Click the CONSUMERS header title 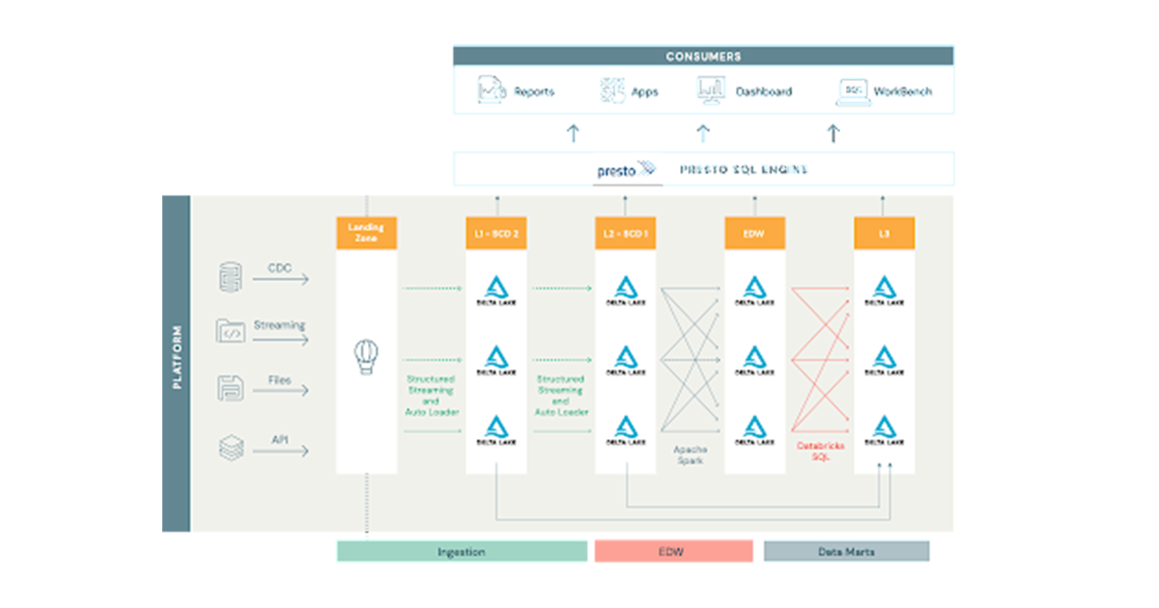point(703,56)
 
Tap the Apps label point(644,92)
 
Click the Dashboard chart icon point(711,91)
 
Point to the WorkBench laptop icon point(851,91)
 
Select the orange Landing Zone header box point(366,233)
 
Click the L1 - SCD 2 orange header point(495,233)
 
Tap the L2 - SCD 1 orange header point(625,233)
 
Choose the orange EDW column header point(754,233)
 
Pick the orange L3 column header point(884,233)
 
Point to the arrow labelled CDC point(280,280)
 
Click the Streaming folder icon point(230,331)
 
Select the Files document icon point(230,388)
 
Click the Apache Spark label point(690,455)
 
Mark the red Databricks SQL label point(819,451)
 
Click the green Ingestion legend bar point(462,552)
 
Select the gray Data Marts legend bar point(846,552)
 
